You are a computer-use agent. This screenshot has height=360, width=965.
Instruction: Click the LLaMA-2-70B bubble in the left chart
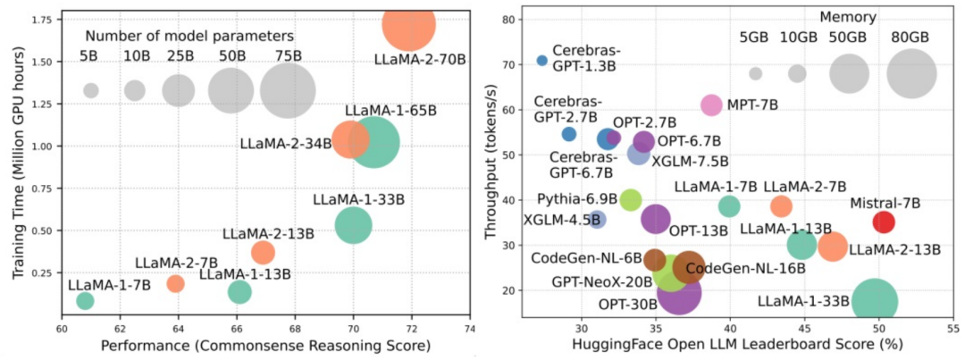point(407,24)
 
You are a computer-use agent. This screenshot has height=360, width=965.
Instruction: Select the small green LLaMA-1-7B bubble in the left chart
point(85,300)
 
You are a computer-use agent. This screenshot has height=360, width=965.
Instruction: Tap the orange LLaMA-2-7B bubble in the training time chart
point(175,283)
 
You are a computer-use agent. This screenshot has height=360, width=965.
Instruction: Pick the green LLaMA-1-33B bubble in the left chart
point(354,224)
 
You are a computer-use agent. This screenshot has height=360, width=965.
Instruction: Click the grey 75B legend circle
point(288,90)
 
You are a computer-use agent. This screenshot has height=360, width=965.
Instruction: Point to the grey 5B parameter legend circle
point(90,90)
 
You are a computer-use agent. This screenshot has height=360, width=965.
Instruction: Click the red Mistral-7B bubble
point(883,222)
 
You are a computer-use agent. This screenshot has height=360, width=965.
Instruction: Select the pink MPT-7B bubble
point(711,105)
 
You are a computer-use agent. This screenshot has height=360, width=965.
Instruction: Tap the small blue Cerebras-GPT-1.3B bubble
point(541,60)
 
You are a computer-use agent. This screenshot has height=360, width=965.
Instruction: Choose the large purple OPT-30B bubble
point(678,291)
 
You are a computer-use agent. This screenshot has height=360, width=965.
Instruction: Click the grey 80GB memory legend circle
point(911,73)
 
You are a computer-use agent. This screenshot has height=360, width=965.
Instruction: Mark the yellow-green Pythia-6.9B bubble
point(631,199)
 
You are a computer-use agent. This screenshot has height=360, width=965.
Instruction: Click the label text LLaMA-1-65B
point(391,111)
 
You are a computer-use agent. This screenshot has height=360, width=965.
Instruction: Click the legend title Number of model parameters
point(189,37)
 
